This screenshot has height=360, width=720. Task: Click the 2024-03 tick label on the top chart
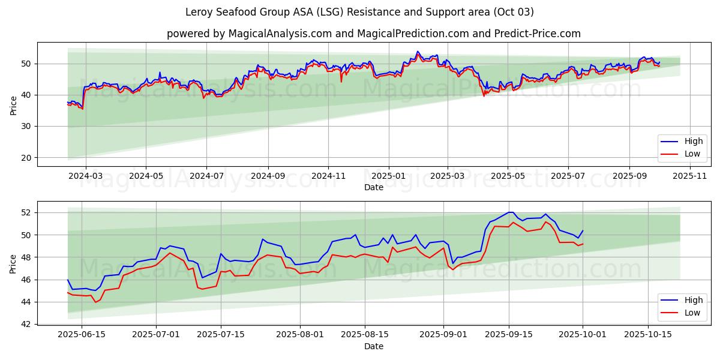(x=85, y=176)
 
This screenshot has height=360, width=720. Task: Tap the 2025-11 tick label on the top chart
(x=690, y=176)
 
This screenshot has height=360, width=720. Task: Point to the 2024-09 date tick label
(x=267, y=176)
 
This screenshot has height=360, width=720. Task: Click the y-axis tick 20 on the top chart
(x=26, y=158)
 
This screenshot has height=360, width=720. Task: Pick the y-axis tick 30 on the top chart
(x=26, y=127)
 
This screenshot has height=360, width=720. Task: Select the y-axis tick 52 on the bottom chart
(x=26, y=212)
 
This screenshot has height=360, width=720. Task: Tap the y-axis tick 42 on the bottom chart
(x=26, y=324)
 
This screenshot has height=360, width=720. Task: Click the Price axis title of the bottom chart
(x=13, y=263)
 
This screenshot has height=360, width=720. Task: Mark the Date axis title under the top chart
(x=373, y=187)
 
